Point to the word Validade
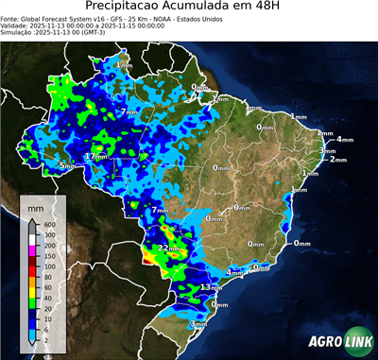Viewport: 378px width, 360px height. [x=16, y=26]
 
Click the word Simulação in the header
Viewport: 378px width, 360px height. [x=18, y=32]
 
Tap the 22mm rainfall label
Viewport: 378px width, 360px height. [x=170, y=248]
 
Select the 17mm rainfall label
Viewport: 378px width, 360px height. [x=94, y=156]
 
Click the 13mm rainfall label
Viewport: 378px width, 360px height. [x=211, y=287]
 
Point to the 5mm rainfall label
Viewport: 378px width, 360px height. [x=66, y=166]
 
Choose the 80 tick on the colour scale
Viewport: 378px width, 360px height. [x=47, y=277]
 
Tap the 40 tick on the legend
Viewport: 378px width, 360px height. [x=47, y=299]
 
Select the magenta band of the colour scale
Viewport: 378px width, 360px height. [x=33, y=250]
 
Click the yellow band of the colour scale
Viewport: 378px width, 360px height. [x=33, y=293]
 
